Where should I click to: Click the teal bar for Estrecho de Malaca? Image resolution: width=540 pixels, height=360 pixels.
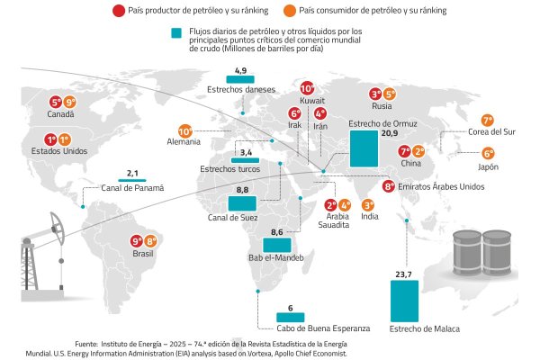tap(404, 301)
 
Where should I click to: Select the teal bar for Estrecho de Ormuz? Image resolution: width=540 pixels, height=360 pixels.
tap(363, 148)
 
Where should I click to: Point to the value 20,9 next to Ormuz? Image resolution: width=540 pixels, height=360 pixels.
tap(389, 133)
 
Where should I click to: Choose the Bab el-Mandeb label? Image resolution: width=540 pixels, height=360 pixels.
tap(275, 258)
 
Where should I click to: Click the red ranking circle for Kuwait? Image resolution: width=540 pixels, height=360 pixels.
tap(307, 89)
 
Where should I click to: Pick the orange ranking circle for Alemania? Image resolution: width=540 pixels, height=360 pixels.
tap(185, 130)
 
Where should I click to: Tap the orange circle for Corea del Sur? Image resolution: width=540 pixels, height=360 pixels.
tap(488, 120)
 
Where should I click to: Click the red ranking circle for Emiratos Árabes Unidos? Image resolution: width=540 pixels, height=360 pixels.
tap(388, 187)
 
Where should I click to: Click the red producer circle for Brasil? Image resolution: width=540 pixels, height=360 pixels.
tap(137, 241)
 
